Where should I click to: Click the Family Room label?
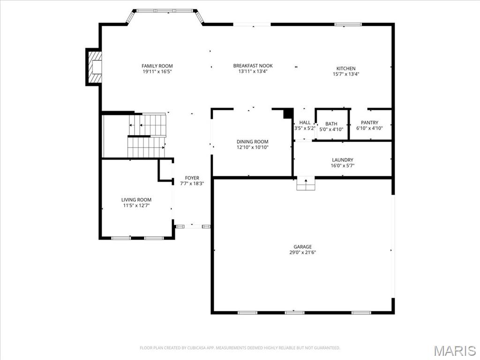157,66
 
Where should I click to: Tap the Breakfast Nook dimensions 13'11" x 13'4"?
253,72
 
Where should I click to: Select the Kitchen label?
346,68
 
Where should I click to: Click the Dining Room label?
252,142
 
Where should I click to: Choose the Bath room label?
331,124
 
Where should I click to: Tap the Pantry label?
369,122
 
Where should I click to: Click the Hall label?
305,122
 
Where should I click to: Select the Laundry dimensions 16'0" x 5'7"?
342,165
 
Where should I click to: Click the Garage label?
302,247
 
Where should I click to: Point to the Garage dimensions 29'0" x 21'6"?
302,253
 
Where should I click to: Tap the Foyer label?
192,178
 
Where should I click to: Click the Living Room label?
136,200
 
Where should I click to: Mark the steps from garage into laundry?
306,184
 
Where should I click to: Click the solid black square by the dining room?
288,113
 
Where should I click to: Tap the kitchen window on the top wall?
348,24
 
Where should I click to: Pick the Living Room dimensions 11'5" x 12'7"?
136,205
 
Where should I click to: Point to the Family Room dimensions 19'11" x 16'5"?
157,72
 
